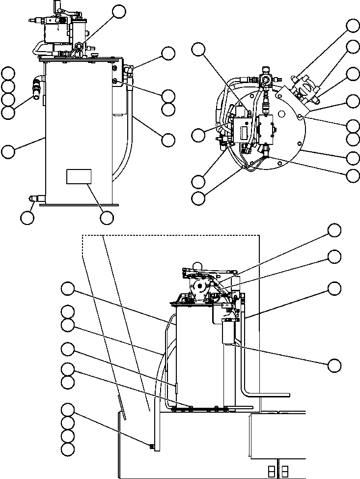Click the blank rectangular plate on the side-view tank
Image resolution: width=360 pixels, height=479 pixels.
[79, 177]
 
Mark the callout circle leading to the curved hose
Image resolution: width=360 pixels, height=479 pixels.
[168, 139]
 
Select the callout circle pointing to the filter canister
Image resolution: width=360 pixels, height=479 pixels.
[334, 365]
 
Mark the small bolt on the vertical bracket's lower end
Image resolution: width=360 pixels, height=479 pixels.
[151, 446]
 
